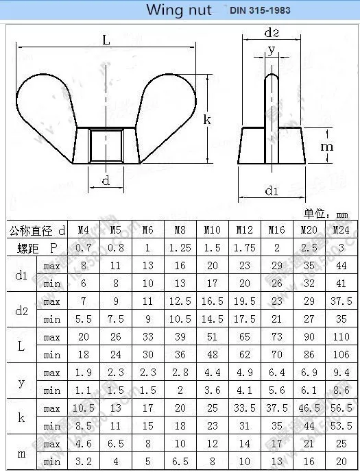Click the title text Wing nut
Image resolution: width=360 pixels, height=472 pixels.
coord(179,10)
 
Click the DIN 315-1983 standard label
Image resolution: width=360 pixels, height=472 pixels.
coord(260,11)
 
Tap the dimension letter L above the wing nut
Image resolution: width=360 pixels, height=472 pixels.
coord(106,40)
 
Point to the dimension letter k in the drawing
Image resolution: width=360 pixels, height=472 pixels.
coord(206,119)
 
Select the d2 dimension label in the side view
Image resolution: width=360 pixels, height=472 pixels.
coord(272,33)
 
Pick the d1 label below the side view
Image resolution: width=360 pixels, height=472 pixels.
coord(272,192)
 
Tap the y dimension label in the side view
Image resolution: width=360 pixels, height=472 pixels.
coord(272,49)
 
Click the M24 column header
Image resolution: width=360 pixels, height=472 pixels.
coord(341,230)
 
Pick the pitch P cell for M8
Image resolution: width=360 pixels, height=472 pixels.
coord(180,248)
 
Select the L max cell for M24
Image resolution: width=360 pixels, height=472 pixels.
coord(341,337)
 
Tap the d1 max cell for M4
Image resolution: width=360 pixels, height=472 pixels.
coord(84,266)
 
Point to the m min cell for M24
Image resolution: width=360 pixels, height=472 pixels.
coord(341,462)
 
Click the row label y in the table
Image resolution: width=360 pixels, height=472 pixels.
coord(21,382)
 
